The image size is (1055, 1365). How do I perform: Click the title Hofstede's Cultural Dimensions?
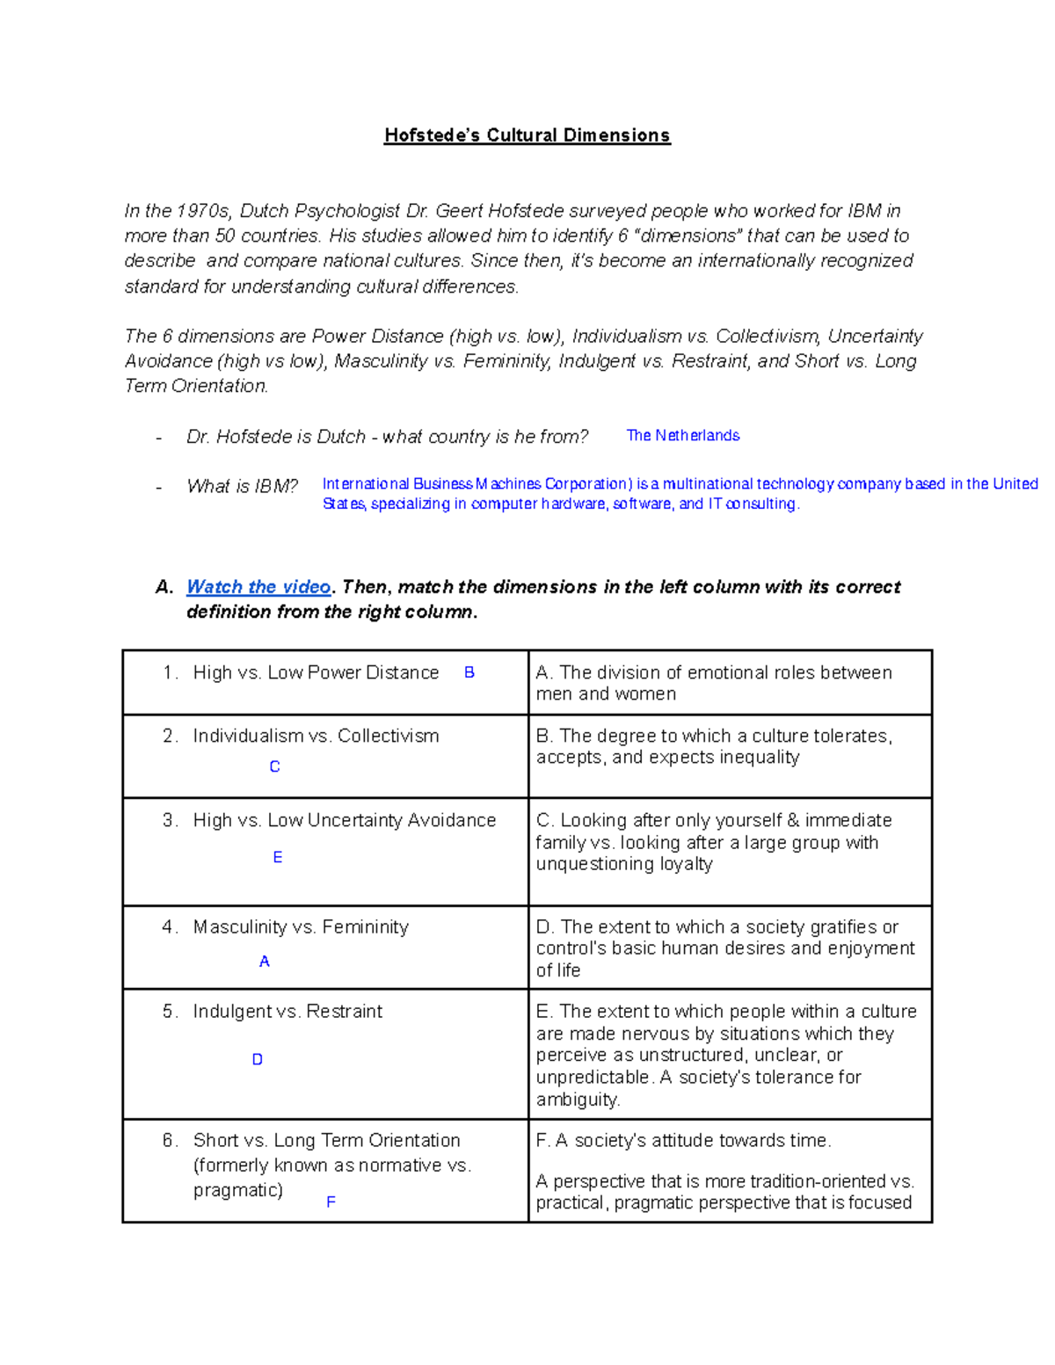tap(527, 135)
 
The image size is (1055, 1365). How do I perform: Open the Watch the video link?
tap(258, 587)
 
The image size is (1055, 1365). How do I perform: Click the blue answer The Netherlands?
tap(682, 436)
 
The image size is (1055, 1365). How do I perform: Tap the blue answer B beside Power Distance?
tap(469, 672)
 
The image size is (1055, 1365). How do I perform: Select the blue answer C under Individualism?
tap(274, 767)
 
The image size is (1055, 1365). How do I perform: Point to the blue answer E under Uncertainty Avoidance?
tap(278, 858)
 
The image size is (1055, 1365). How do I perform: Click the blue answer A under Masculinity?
tap(265, 962)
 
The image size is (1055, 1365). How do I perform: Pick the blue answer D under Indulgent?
tap(258, 1060)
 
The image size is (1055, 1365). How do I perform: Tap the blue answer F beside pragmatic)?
tap(331, 1202)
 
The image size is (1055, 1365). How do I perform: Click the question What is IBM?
tap(242, 487)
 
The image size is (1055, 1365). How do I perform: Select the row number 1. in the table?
tap(171, 673)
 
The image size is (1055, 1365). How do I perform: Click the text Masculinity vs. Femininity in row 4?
tap(301, 927)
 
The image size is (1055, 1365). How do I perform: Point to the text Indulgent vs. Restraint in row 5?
tap(287, 1012)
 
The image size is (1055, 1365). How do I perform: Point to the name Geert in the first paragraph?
tap(459, 211)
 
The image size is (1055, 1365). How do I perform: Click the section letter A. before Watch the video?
tap(164, 587)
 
